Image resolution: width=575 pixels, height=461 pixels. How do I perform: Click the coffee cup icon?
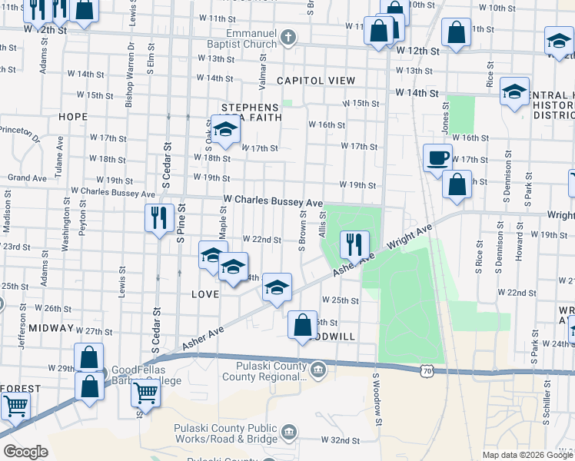click(x=437, y=158)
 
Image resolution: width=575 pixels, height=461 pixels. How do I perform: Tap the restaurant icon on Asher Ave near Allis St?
click(x=354, y=245)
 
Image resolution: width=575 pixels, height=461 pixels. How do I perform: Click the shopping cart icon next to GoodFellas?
click(x=145, y=393)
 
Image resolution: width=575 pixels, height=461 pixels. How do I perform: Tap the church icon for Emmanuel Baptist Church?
click(x=288, y=36)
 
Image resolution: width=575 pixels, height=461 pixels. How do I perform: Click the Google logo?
click(x=25, y=452)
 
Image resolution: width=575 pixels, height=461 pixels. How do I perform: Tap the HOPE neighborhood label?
click(x=72, y=117)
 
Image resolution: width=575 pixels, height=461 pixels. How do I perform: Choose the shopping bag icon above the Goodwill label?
click(x=303, y=324)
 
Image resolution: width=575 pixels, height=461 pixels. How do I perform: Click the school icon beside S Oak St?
click(x=225, y=131)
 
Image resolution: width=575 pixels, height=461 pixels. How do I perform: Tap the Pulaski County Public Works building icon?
click(x=289, y=431)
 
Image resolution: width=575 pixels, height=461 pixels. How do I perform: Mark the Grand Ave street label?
click(x=28, y=177)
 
